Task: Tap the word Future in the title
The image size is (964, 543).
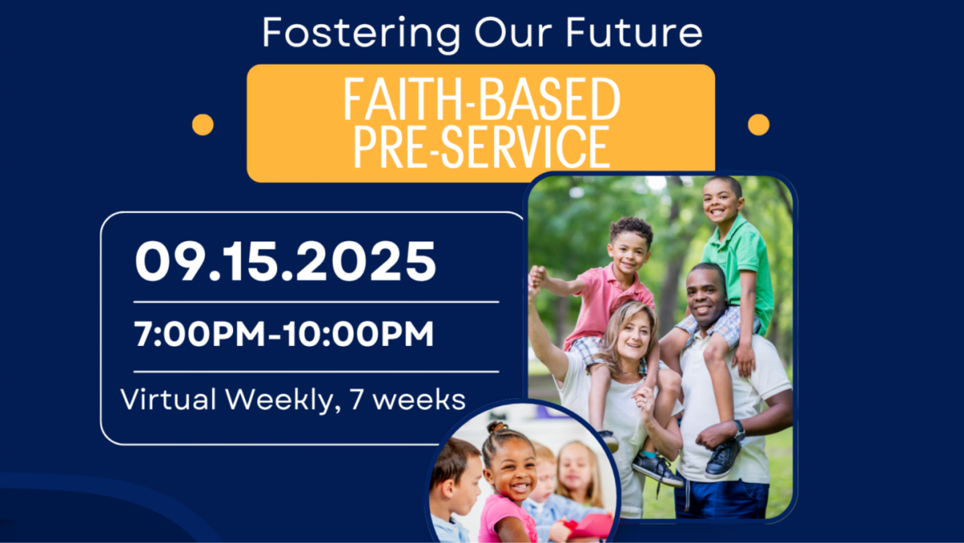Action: (634, 32)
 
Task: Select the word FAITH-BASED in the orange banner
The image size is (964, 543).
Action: (481, 99)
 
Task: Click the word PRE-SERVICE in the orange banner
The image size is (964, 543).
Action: (481, 146)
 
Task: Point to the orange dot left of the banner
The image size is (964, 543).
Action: (202, 125)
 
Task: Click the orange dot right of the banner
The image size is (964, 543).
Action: (758, 125)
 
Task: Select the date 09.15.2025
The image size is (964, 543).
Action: (286, 261)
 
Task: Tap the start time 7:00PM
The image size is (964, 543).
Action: (200, 334)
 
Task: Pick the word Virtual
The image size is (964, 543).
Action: (168, 399)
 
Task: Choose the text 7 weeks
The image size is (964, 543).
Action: (407, 399)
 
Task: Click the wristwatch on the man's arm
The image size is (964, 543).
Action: (739, 430)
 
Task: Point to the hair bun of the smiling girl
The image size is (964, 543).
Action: (497, 427)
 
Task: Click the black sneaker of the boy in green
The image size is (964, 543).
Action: (723, 459)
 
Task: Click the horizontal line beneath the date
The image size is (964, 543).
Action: (317, 302)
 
